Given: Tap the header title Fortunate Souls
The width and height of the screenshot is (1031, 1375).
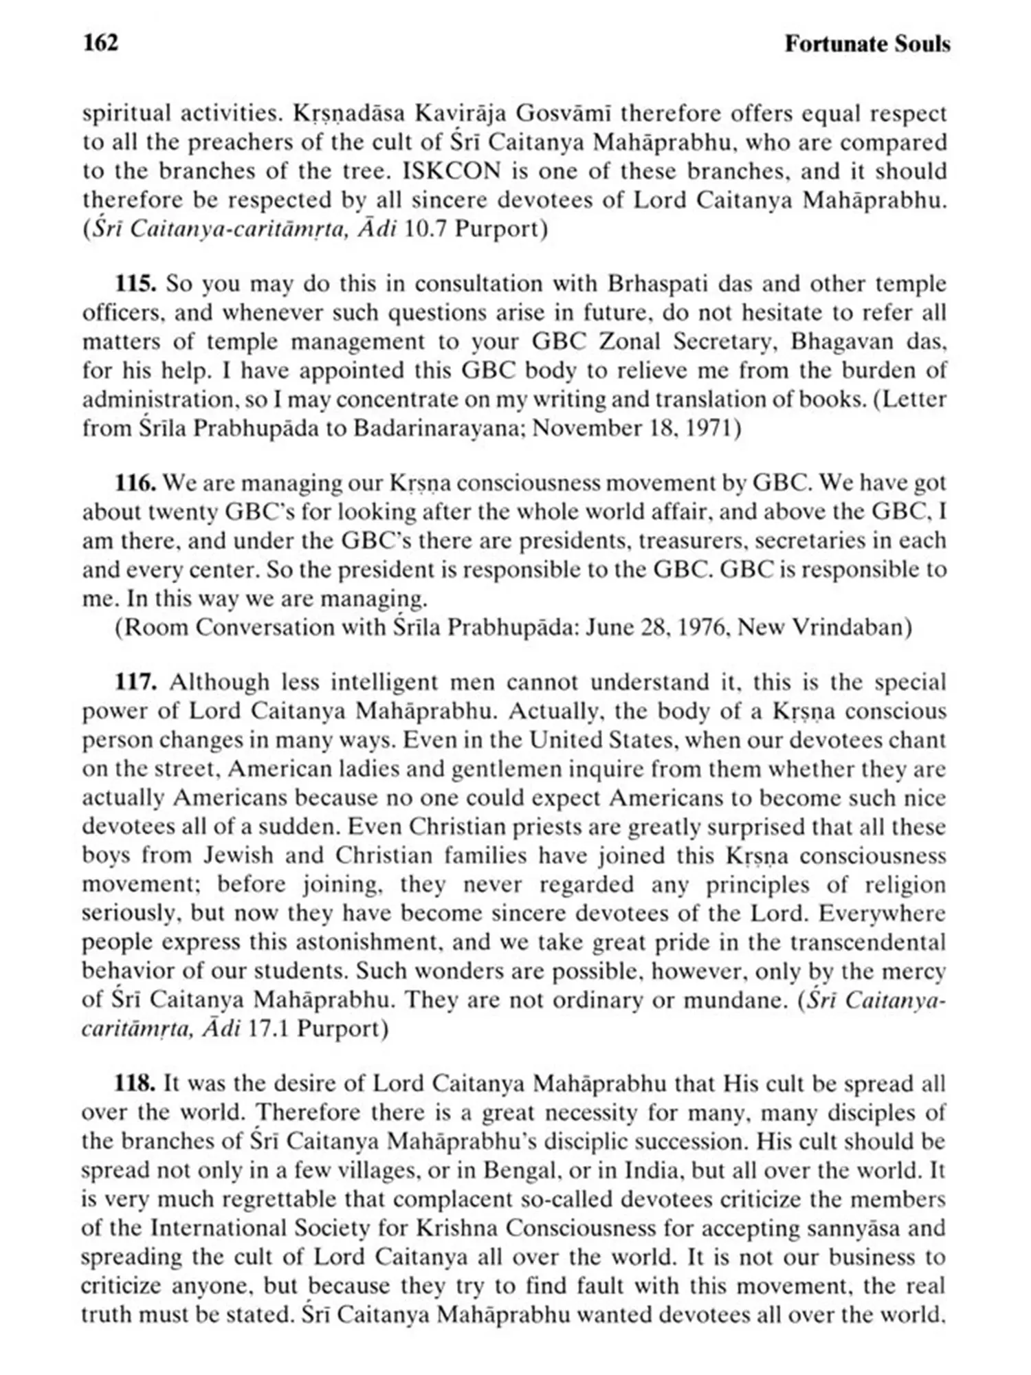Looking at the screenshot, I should (x=867, y=44).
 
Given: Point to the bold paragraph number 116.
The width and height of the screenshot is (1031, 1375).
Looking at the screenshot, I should (x=136, y=483).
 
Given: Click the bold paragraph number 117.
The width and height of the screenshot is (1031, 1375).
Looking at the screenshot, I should (x=136, y=682).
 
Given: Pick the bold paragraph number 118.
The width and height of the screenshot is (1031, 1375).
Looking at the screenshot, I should (x=135, y=1083).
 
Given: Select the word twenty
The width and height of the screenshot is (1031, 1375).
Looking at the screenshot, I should (x=182, y=512).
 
